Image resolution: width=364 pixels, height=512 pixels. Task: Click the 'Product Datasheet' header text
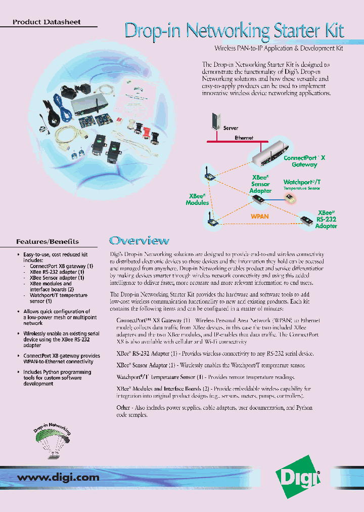coord(47,22)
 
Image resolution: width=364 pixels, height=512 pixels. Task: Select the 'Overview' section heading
coord(139,241)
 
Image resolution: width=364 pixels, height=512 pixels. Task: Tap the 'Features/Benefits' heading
coord(48,241)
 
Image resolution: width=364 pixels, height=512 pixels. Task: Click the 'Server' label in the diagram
coord(231,129)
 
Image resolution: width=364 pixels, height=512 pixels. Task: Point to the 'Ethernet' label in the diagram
coord(244,138)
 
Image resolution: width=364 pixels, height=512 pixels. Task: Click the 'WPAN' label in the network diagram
coord(260,216)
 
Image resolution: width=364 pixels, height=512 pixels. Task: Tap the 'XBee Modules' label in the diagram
coord(197,199)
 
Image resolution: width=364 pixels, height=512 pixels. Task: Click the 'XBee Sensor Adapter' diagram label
coord(260,185)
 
